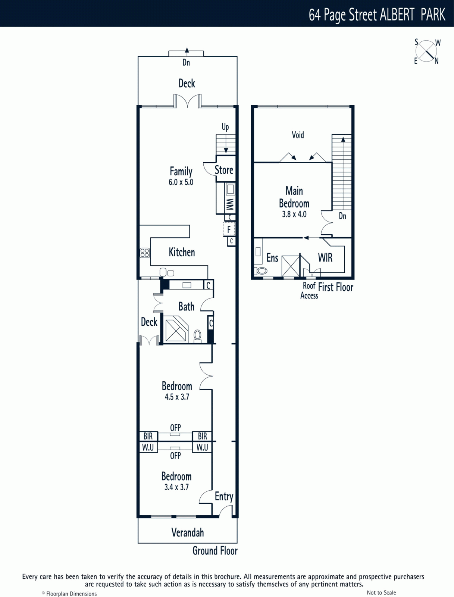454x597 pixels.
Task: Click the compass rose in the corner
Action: pos(426,51)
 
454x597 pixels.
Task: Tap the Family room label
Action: pos(181,171)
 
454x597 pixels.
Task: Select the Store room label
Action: pos(224,170)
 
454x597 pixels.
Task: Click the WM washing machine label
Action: pos(230,204)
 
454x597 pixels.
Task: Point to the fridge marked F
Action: pos(229,229)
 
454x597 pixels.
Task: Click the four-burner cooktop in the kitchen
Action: pos(145,253)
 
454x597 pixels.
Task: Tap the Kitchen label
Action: pos(182,252)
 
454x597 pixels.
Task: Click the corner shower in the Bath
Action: pos(176,329)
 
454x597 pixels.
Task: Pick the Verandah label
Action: pos(188,532)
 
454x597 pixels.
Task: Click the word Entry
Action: pos(224,496)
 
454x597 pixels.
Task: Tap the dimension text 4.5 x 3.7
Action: pos(177,397)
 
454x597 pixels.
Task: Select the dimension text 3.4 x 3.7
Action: pos(176,487)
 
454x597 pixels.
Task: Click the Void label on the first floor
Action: pos(298,135)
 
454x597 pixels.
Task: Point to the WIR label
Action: pos(325,257)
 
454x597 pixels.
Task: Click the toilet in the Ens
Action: pos(262,271)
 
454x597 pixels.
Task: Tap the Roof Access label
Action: pos(309,290)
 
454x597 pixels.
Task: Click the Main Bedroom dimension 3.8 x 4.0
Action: pos(294,214)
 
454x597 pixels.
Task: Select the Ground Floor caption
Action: pos(215,551)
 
